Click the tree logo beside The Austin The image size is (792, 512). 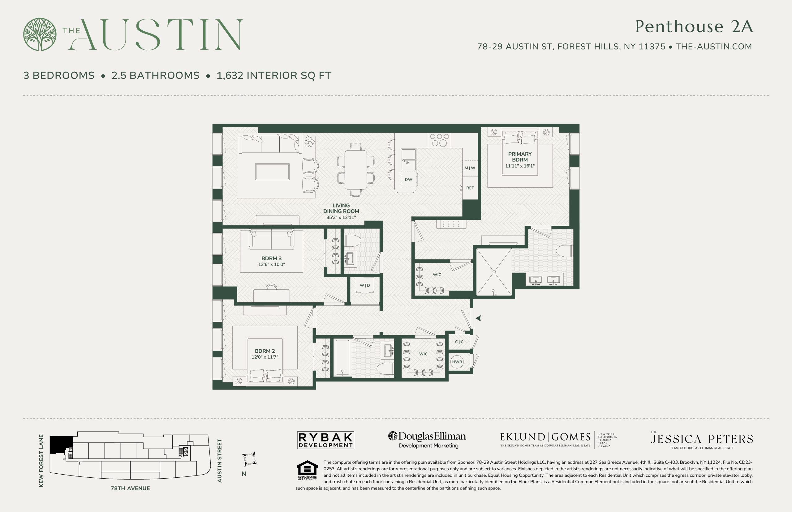[x=40, y=34]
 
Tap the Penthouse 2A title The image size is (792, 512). [x=694, y=26]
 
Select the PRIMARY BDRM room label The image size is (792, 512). [x=519, y=156]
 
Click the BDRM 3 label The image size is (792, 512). [x=271, y=258]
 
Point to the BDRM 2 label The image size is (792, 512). [x=265, y=351]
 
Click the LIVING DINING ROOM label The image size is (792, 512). [x=341, y=208]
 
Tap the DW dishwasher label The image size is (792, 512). [x=408, y=180]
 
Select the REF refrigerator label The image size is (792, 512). [x=470, y=188]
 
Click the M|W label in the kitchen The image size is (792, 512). [x=470, y=168]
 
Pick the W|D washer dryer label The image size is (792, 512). [x=365, y=285]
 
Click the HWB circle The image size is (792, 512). [x=457, y=362]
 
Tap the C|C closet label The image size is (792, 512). [x=459, y=342]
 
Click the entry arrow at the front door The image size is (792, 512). [x=478, y=318]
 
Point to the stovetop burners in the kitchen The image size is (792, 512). [x=439, y=140]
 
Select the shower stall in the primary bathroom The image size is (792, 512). [x=494, y=272]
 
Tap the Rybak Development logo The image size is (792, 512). [x=325, y=440]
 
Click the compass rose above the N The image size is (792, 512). [x=249, y=459]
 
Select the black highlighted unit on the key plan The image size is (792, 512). [x=61, y=445]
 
